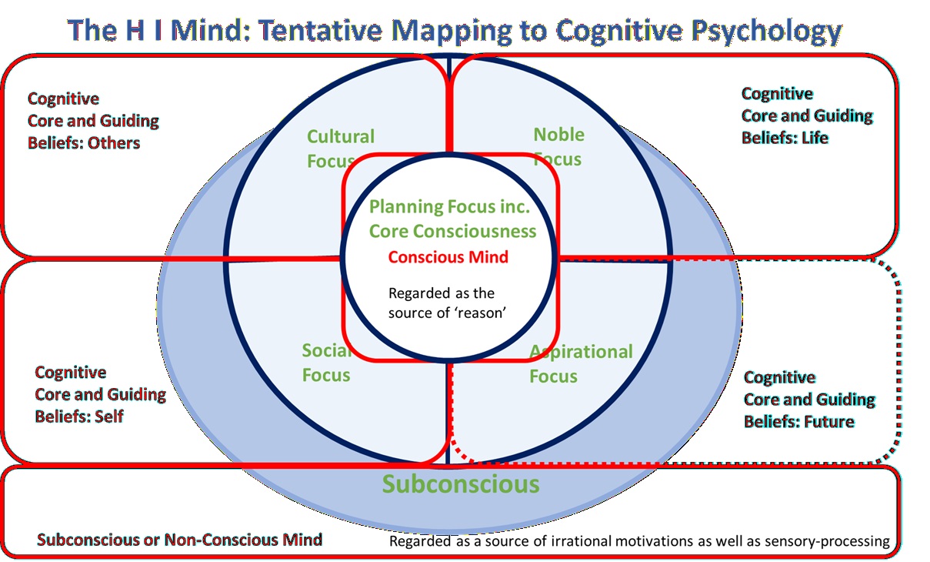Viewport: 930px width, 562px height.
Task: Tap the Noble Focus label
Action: tap(558, 146)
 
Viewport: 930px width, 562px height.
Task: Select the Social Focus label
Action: tap(326, 363)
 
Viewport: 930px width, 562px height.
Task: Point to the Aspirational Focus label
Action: tap(581, 363)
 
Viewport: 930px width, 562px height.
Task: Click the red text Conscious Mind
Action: tap(448, 257)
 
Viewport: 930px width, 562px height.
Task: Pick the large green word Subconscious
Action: tap(461, 484)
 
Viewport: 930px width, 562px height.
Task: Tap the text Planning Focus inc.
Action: tap(448, 207)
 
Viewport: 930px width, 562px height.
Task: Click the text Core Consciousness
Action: tap(452, 231)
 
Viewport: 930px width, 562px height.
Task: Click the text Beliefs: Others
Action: tap(84, 142)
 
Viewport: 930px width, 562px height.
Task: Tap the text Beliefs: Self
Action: tap(79, 416)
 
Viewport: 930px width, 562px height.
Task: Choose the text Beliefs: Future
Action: tap(799, 422)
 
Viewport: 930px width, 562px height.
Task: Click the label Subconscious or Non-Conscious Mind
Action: tap(179, 540)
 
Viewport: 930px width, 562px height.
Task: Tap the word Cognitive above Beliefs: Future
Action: tap(779, 377)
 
